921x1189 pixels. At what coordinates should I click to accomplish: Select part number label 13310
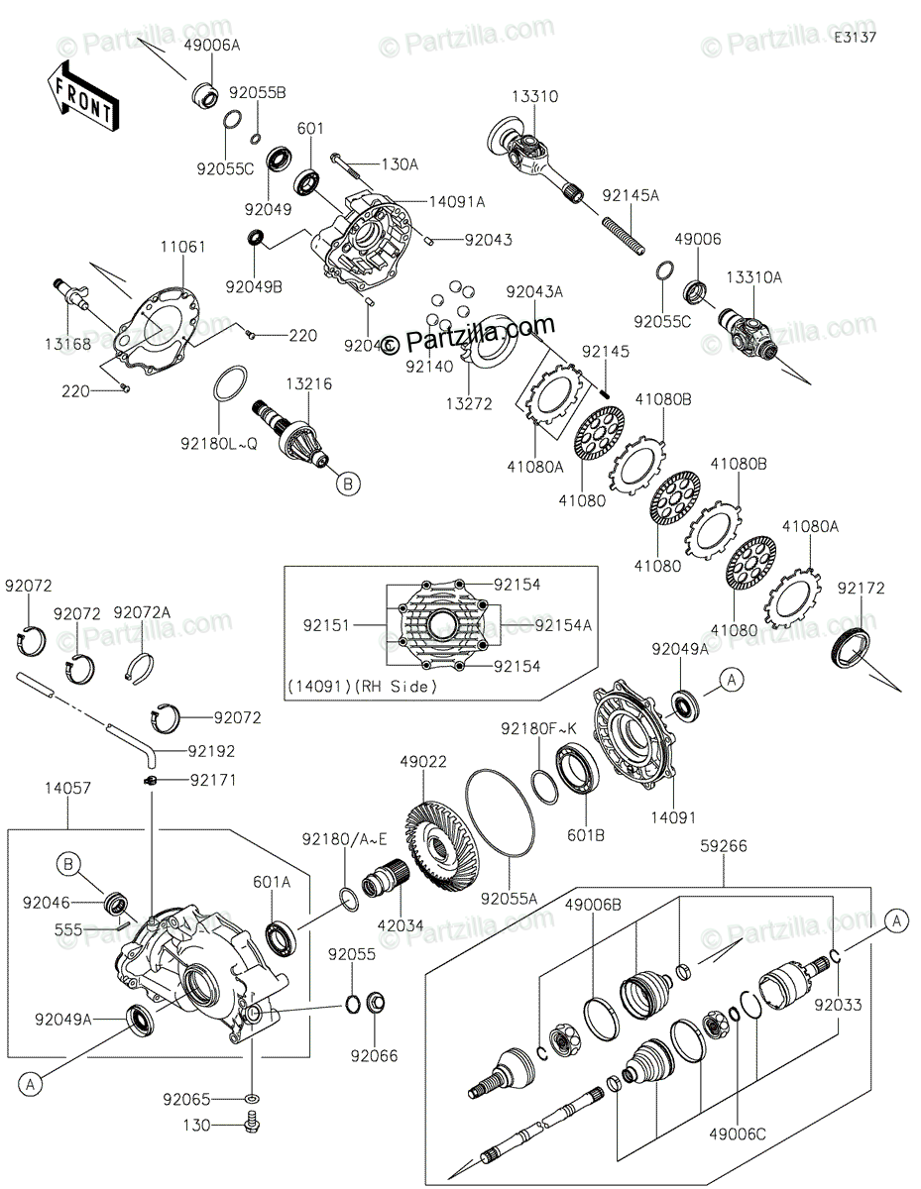pos(534,97)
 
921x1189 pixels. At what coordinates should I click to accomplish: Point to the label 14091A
pos(456,201)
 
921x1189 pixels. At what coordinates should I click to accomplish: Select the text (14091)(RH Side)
pos(362,686)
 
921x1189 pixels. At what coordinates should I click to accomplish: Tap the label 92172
pos(860,589)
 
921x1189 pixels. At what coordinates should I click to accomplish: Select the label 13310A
pos(754,278)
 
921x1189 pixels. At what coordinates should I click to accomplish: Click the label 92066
pos(373,1056)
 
